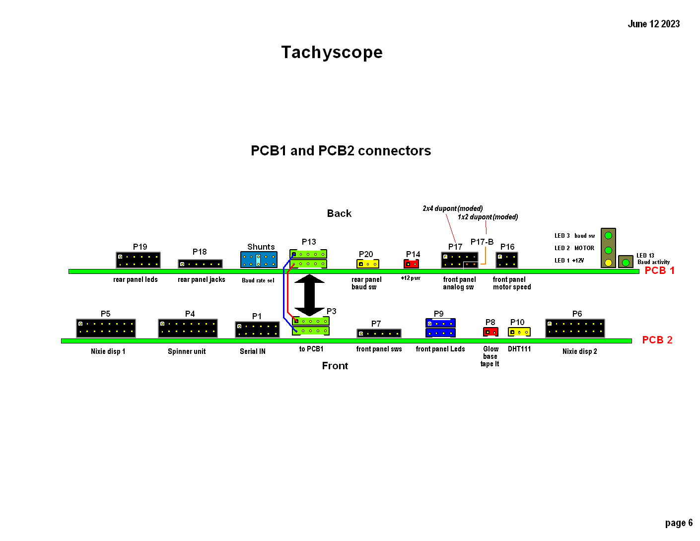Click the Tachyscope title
pos(332,52)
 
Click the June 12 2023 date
pos(653,24)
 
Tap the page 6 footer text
pos(678,523)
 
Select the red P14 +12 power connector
pos(411,264)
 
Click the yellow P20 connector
pos(367,264)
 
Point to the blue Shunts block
pos(259,260)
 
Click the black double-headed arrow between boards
pos(309,295)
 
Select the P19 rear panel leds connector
pos(138,260)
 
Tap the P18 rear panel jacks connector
pos(200,264)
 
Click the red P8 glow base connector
pos(490,332)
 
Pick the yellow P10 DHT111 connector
pos(519,332)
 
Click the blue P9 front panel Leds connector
pos(440,328)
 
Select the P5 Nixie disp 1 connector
pos(106,328)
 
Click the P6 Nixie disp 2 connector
pos(575,328)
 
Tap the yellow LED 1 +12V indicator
pos(608,262)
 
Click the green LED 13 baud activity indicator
pos(626,262)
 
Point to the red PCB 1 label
pos(659,270)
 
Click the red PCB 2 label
pos(657,340)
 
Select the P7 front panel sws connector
pos(379,334)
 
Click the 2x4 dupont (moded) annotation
pos(452,208)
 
